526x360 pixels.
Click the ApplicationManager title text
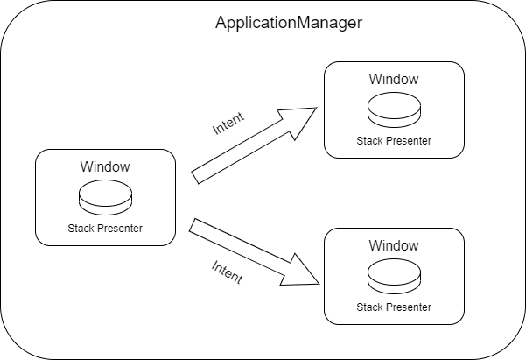[289, 23]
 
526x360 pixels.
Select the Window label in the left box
[105, 166]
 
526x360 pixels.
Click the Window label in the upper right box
[393, 79]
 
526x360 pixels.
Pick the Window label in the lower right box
[393, 245]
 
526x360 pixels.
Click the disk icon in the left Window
[105, 198]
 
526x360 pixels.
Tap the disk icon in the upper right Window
[393, 110]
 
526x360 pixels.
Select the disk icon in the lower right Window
[393, 277]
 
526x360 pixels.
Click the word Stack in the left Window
[81, 229]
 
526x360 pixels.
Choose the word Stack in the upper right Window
[369, 141]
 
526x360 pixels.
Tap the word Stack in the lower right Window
[369, 307]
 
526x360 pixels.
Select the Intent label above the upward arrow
[229, 124]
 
